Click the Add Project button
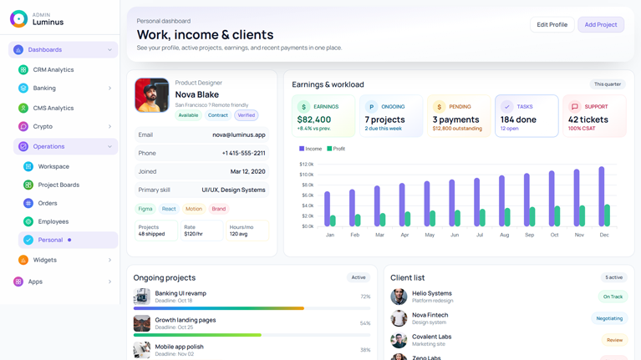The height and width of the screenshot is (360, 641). tap(600, 25)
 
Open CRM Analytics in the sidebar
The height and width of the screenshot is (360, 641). tap(53, 70)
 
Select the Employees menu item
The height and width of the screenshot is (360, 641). tap(53, 221)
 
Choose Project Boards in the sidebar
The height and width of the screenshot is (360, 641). tap(59, 185)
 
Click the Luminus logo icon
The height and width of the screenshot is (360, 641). tap(18, 18)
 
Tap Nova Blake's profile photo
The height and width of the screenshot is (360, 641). tap(152, 95)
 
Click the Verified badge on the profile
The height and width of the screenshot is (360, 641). tap(246, 115)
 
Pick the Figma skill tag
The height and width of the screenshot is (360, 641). tap(145, 209)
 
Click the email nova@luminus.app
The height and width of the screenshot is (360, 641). tap(239, 134)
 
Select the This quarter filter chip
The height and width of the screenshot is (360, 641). tap(608, 84)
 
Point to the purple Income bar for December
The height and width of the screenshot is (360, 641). tap(601, 196)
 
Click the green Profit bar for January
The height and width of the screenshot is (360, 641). tap(333, 221)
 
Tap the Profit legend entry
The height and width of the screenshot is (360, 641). tap(336, 149)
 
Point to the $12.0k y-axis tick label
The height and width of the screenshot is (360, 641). tap(306, 165)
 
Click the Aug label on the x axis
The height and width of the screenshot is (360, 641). tap(504, 235)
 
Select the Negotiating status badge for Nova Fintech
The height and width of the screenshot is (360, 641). tap(609, 318)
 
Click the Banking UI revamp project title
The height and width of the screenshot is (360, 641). tap(181, 293)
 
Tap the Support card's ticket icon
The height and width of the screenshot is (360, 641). tap(574, 107)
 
